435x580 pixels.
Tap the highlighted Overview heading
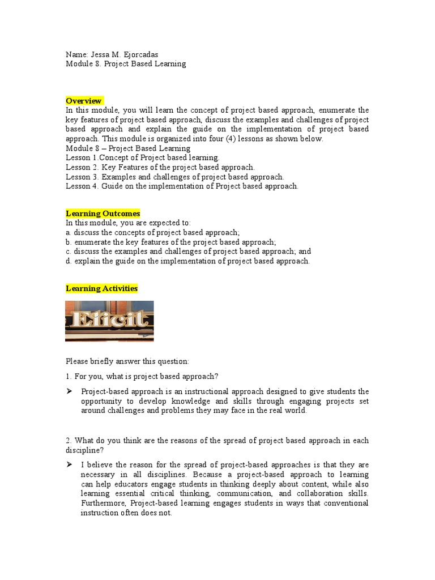pos(84,101)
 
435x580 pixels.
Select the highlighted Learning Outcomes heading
pos(103,214)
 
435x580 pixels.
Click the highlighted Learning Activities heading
pos(101,288)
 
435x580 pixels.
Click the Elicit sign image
pos(109,321)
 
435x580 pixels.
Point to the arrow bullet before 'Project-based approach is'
pos(69,391)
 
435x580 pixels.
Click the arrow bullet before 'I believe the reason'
pos(69,464)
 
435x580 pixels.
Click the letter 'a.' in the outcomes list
pos(69,233)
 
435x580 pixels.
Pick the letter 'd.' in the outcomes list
pos(69,261)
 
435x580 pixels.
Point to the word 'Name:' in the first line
pos(76,54)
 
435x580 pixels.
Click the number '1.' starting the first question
pos(69,377)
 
